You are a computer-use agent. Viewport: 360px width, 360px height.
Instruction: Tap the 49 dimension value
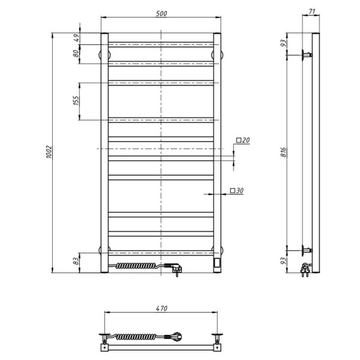pyautogui.click(x=76, y=38)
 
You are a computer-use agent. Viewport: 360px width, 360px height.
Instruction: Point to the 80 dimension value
pyautogui.click(x=76, y=53)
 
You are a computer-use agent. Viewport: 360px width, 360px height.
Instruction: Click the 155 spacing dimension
pyautogui.click(x=76, y=101)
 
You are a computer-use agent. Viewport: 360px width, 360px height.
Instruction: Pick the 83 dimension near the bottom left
pyautogui.click(x=76, y=262)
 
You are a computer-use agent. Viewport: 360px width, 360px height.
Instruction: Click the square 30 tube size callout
pyautogui.click(x=236, y=191)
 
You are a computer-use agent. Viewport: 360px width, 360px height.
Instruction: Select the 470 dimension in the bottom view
pyautogui.click(x=161, y=308)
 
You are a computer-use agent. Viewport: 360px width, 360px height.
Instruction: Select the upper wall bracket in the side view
pyautogui.click(x=307, y=55)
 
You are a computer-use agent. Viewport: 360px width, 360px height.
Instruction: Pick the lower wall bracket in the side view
pyautogui.click(x=307, y=249)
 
